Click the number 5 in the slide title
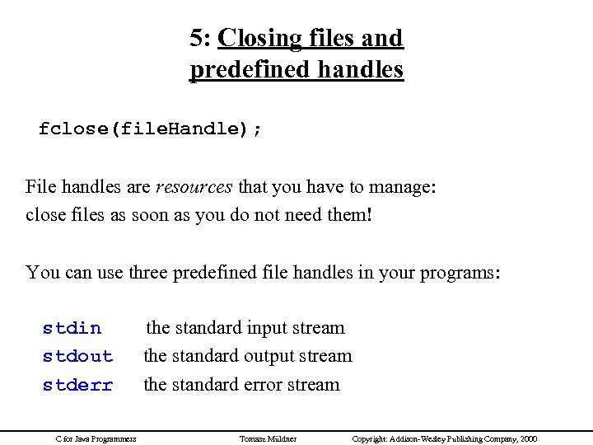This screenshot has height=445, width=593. pos(196,39)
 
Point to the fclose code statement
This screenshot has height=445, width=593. pos(150,129)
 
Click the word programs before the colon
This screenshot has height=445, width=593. pos(458,271)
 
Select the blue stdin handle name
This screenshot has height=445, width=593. pos(72,328)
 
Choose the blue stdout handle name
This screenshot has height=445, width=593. pos(77,357)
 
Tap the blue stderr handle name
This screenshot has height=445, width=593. pos(77,385)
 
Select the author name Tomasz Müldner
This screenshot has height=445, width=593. pos(268,438)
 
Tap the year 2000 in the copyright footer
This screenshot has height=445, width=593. pos(527,438)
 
